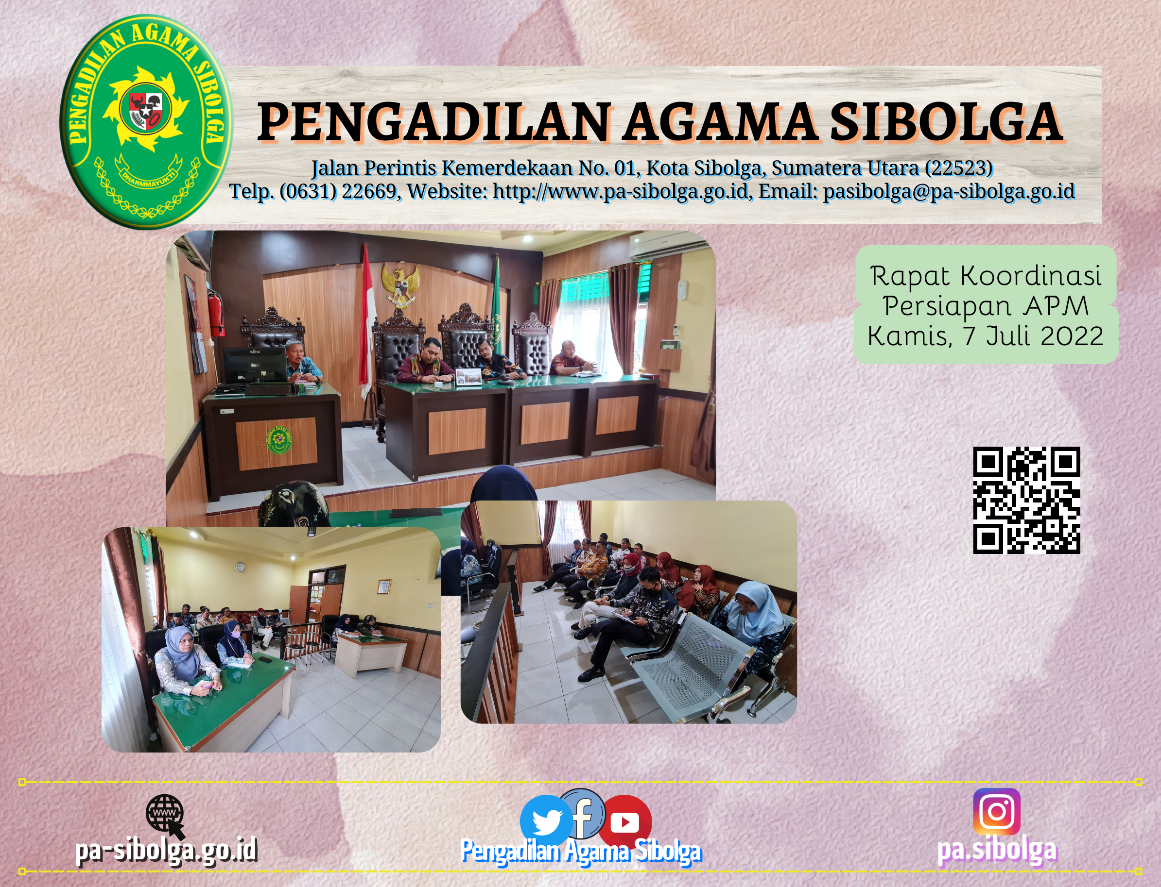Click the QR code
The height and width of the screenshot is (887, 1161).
click(x=1026, y=500)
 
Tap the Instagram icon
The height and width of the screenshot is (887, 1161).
click(x=997, y=811)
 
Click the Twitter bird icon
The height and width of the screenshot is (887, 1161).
click(x=546, y=820)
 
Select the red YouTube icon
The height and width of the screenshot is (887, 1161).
click(x=625, y=821)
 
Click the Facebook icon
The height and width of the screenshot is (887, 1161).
click(x=583, y=813)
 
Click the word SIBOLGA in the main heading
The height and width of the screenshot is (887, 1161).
click(x=945, y=122)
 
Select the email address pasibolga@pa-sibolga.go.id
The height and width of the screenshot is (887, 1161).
click(x=949, y=191)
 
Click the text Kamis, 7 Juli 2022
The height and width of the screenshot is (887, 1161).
click(x=986, y=336)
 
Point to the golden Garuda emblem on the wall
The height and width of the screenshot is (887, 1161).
click(x=400, y=285)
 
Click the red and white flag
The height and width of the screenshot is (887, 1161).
click(x=367, y=322)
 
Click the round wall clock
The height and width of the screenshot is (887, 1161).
click(x=241, y=567)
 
